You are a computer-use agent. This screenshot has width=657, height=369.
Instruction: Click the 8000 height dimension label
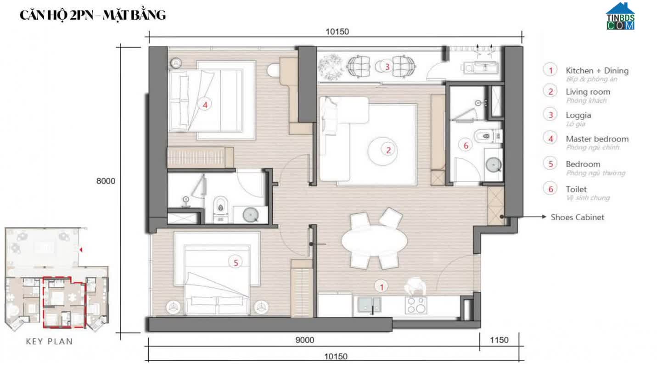[x=106, y=181]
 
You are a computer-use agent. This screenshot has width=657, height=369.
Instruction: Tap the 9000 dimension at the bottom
[x=305, y=340]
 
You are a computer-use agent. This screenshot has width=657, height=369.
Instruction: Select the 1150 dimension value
[x=499, y=340]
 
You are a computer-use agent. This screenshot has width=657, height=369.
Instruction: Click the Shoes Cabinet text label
[x=577, y=217]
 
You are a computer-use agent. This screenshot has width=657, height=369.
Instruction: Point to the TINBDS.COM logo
[x=620, y=17]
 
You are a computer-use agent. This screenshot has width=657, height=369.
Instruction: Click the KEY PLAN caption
[x=49, y=341]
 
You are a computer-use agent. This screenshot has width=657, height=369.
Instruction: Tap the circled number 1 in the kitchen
[x=381, y=286]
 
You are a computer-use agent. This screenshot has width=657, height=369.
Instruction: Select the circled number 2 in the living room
[x=388, y=149]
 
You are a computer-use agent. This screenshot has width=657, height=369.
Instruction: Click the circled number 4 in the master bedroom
[x=205, y=105]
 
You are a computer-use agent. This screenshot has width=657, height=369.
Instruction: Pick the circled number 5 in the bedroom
[x=235, y=263]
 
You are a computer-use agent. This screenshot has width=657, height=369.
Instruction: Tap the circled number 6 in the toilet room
[x=466, y=145]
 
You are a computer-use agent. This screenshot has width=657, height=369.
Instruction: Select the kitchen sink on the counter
[x=370, y=305]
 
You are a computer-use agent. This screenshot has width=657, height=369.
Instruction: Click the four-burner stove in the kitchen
[x=416, y=305]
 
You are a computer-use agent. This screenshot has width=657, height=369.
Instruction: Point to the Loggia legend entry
[x=578, y=115]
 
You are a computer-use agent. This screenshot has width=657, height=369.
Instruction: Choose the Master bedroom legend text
[x=597, y=139]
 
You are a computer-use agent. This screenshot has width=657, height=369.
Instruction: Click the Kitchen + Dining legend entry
[x=597, y=71]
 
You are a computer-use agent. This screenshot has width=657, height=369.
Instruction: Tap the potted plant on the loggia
[x=331, y=67]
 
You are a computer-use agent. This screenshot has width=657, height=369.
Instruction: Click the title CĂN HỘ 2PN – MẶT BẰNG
[x=92, y=15]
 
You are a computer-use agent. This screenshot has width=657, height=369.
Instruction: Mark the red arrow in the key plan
[x=81, y=250]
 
